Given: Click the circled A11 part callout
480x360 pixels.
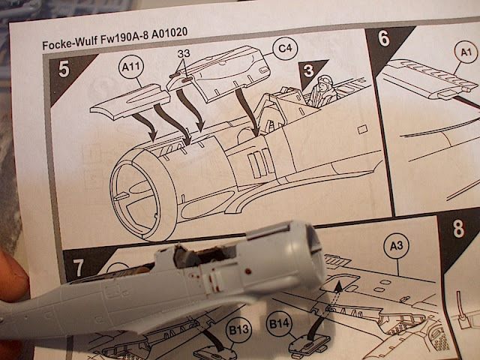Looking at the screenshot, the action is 131,67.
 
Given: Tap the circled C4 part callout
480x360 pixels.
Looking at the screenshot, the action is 285,48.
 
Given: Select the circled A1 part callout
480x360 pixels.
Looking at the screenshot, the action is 466,52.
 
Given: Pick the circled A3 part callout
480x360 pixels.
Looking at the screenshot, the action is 397,245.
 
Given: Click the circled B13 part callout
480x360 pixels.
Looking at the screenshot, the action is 238,330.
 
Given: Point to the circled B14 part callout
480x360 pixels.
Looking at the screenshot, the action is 279,323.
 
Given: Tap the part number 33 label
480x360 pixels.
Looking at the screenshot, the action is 184,53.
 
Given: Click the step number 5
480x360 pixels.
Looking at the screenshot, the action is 64,70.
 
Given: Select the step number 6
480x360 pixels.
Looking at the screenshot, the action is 383,38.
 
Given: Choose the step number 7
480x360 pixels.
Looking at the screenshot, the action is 78,268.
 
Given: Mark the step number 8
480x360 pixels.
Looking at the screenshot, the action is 458,229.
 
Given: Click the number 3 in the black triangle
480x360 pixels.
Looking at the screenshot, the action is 308,71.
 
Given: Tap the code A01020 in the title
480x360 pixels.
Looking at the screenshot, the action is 169,33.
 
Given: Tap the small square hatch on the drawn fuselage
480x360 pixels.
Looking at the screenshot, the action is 362,129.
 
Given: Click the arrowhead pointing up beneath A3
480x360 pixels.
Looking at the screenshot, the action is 338,286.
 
